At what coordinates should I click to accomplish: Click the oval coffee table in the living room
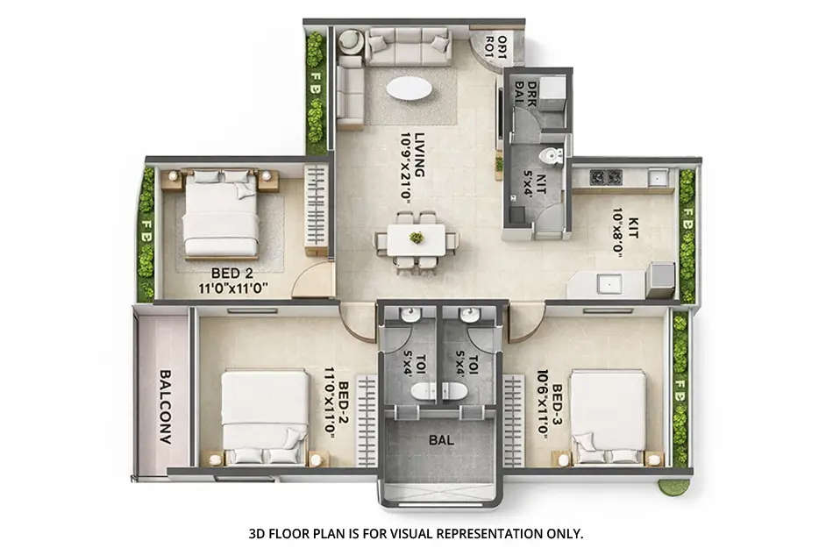click(409, 89)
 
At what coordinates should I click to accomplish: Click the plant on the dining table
click(416, 237)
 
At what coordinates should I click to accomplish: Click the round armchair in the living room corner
click(350, 41)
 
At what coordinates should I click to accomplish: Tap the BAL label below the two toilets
click(441, 440)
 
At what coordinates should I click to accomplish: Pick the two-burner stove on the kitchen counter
click(606, 177)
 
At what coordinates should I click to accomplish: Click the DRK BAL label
click(524, 94)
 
